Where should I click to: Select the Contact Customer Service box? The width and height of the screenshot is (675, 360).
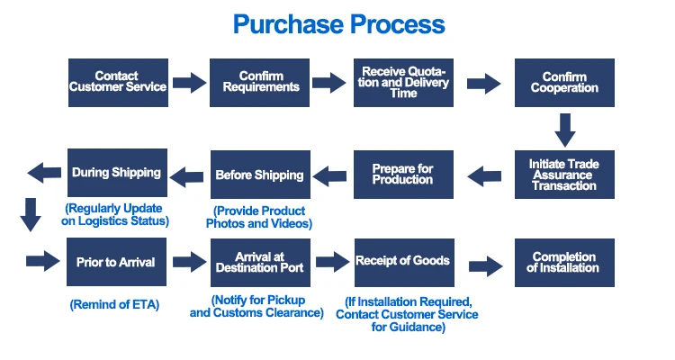[x=118, y=82]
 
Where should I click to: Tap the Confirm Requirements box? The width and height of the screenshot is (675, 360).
[x=259, y=82]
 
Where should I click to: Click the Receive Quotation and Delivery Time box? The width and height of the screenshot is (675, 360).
[x=402, y=82]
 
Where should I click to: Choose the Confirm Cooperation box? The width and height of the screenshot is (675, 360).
[x=564, y=82]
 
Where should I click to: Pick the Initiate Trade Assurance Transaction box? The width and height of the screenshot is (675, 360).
[x=564, y=175]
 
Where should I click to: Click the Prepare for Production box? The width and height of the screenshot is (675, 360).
[x=402, y=175]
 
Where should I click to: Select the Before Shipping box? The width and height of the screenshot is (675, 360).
[x=259, y=175]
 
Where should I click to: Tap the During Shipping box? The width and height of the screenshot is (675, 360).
[x=118, y=173]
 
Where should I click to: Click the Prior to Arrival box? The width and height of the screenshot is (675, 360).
[x=118, y=263]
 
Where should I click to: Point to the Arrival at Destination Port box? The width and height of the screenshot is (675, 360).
[x=259, y=263]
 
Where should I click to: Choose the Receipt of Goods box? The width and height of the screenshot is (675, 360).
[x=402, y=263]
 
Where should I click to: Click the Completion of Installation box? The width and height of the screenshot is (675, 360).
[x=564, y=263]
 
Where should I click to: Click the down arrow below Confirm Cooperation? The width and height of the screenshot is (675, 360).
[x=564, y=130]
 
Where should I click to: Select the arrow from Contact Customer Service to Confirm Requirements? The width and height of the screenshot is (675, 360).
[x=189, y=83]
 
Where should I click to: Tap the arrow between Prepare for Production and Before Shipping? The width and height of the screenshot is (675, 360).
[x=331, y=175]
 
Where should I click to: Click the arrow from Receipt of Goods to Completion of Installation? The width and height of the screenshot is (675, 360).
[x=484, y=265]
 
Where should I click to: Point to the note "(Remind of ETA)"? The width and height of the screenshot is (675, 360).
[x=114, y=305]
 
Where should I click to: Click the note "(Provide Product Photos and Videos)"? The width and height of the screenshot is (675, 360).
[x=259, y=217]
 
